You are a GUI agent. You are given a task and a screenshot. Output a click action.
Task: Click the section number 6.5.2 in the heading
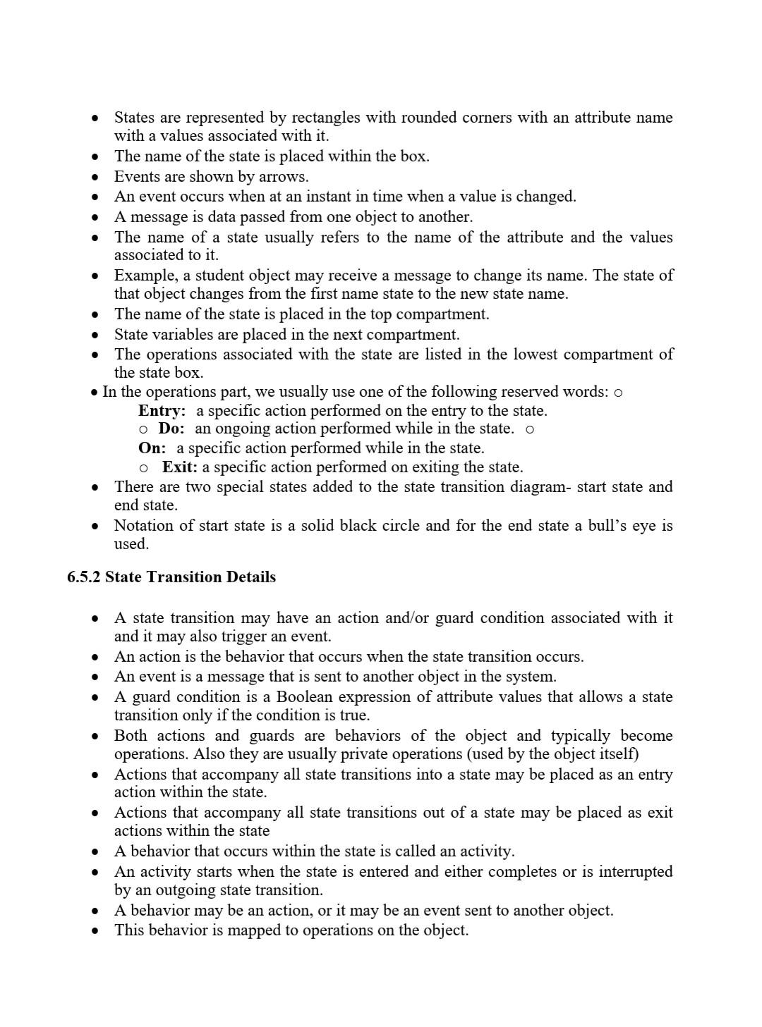(84, 577)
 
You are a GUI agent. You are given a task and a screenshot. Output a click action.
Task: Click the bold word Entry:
(162, 411)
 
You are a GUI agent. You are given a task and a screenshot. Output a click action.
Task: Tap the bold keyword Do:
(171, 429)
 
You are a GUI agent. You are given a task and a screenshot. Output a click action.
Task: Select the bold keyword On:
(152, 448)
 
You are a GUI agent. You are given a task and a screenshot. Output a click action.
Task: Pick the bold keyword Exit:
(179, 467)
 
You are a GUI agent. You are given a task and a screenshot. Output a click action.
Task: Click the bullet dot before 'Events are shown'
(95, 177)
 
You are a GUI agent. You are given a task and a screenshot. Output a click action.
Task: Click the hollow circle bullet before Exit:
(143, 468)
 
